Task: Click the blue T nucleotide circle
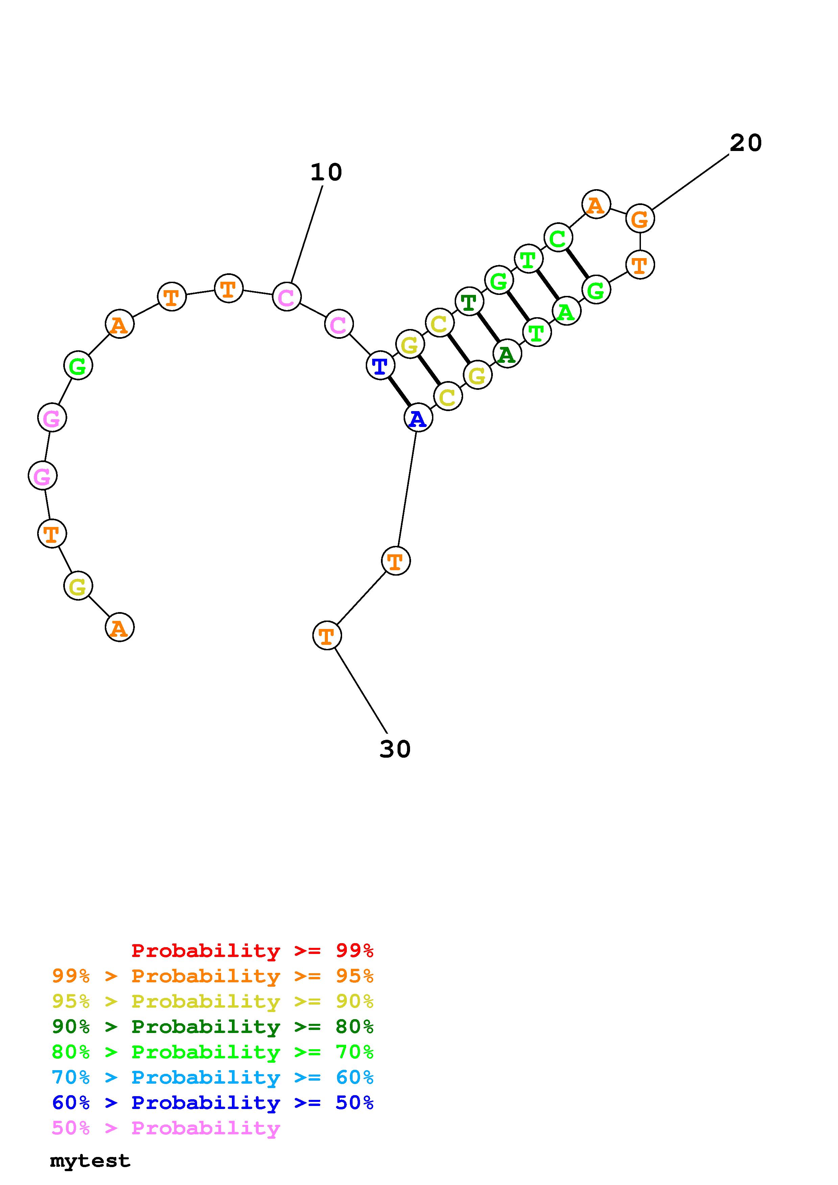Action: coord(380,365)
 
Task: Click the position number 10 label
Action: coord(326,172)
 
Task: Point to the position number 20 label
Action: coord(746,143)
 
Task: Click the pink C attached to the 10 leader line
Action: coord(287,297)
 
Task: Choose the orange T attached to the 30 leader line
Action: coord(327,635)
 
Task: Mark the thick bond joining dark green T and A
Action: coord(488,328)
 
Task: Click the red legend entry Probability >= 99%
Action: coord(253,950)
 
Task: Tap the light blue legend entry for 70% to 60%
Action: coord(213,1078)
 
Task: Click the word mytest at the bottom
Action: coord(90,1161)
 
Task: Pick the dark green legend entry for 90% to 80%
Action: coord(213,1027)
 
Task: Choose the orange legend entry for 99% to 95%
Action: coord(213,976)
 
